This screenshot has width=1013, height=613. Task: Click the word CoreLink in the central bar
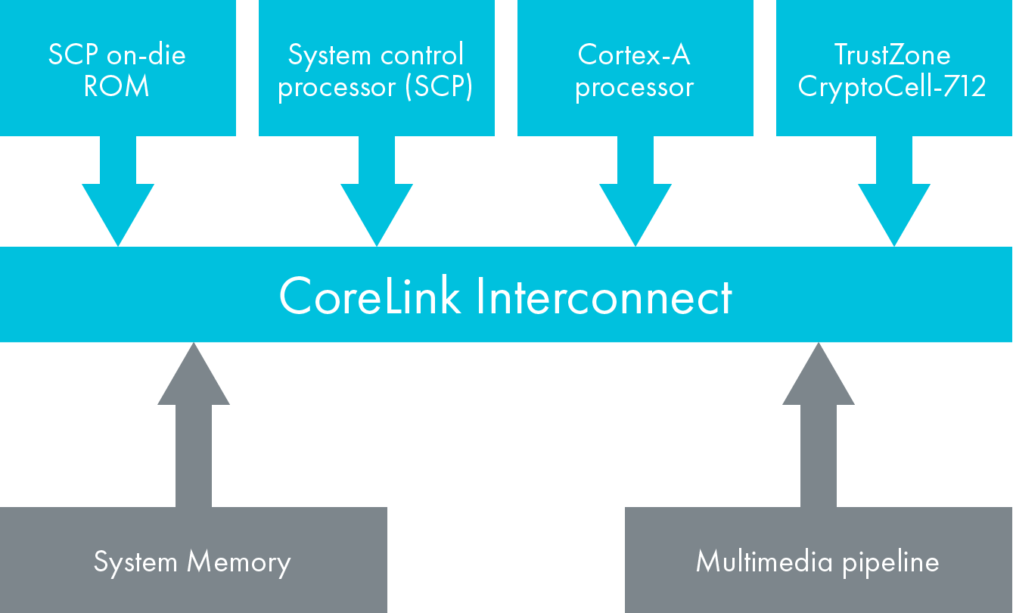370,295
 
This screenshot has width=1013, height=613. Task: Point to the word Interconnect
604,295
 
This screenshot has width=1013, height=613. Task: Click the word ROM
117,86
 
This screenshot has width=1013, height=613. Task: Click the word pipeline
892,562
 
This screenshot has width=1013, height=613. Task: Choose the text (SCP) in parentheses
438,86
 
